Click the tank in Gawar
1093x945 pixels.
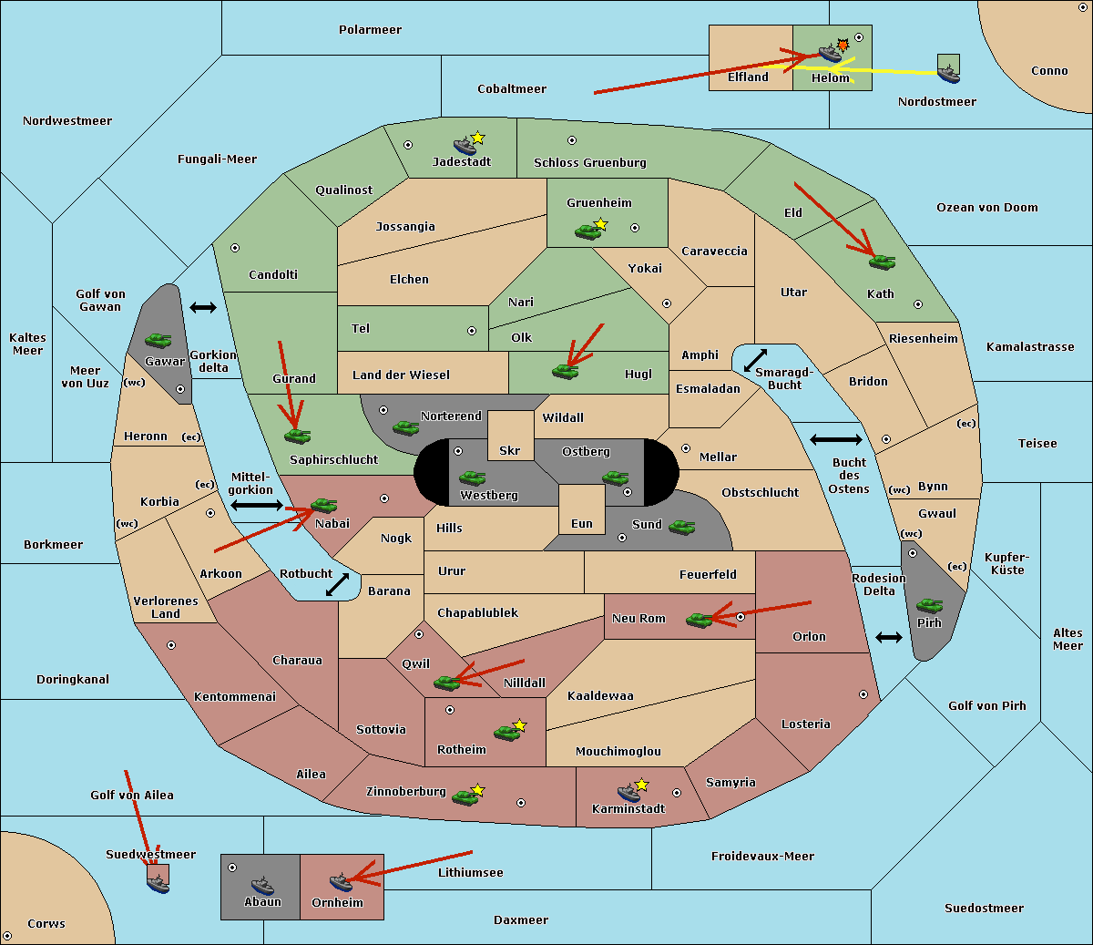pyautogui.click(x=158, y=340)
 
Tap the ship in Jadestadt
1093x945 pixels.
pyautogui.click(x=465, y=146)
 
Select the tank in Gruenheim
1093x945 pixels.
pyautogui.click(x=587, y=231)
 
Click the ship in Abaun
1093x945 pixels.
pyautogui.click(x=262, y=885)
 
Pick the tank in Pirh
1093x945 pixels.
pyautogui.click(x=929, y=605)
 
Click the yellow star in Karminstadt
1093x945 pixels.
pyautogui.click(x=641, y=784)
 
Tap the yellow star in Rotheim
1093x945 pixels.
pyautogui.click(x=519, y=724)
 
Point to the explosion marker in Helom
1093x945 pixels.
pyautogui.click(x=843, y=46)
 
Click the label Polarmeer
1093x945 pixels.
pyautogui.click(x=370, y=30)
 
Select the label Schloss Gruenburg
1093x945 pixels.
pyautogui.click(x=590, y=162)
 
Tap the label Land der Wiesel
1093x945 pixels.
pyautogui.click(x=401, y=375)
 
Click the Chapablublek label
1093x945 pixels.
pyautogui.click(x=477, y=612)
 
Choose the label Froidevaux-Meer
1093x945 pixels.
pyautogui.click(x=762, y=856)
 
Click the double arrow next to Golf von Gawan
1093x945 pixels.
pyautogui.click(x=203, y=307)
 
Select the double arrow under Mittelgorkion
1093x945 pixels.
pyautogui.click(x=257, y=505)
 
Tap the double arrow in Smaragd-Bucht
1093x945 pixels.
pyautogui.click(x=755, y=360)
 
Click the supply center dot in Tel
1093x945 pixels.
pyautogui.click(x=472, y=331)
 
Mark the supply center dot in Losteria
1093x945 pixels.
pyautogui.click(x=863, y=694)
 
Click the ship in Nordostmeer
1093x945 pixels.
pyautogui.click(x=949, y=74)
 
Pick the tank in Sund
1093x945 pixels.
pyautogui.click(x=681, y=527)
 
